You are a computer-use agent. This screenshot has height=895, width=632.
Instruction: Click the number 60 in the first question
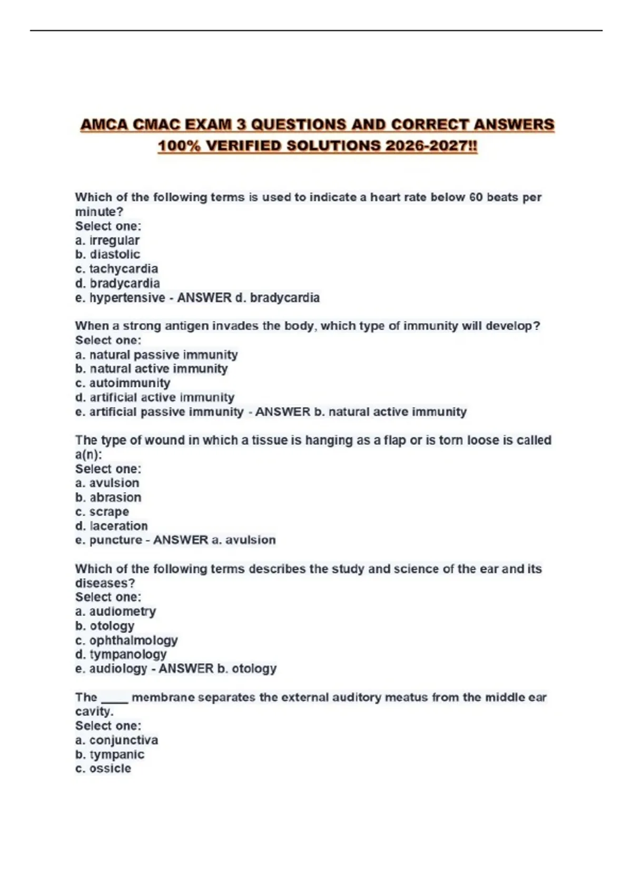tap(476, 197)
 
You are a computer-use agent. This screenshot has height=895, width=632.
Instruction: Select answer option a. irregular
tap(107, 241)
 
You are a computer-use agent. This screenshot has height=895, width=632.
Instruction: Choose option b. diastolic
tap(107, 255)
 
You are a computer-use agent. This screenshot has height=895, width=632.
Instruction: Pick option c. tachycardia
tap(116, 269)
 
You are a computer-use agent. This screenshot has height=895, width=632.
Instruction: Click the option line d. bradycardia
tap(117, 283)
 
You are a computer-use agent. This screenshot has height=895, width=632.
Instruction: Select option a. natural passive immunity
tap(156, 355)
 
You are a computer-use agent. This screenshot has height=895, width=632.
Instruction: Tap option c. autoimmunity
tap(123, 383)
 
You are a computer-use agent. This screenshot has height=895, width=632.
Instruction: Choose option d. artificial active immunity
tap(155, 397)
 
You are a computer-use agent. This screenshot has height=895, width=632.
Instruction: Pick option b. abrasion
tap(108, 498)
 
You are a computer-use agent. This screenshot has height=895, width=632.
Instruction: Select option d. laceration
tap(112, 526)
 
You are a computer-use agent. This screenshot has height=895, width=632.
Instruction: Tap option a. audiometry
tap(116, 612)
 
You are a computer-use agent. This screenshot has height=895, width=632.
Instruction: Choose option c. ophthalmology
tap(126, 641)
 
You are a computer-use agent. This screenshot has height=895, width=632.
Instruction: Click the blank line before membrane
tap(114, 699)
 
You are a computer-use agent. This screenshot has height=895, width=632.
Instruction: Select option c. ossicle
tap(103, 769)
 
